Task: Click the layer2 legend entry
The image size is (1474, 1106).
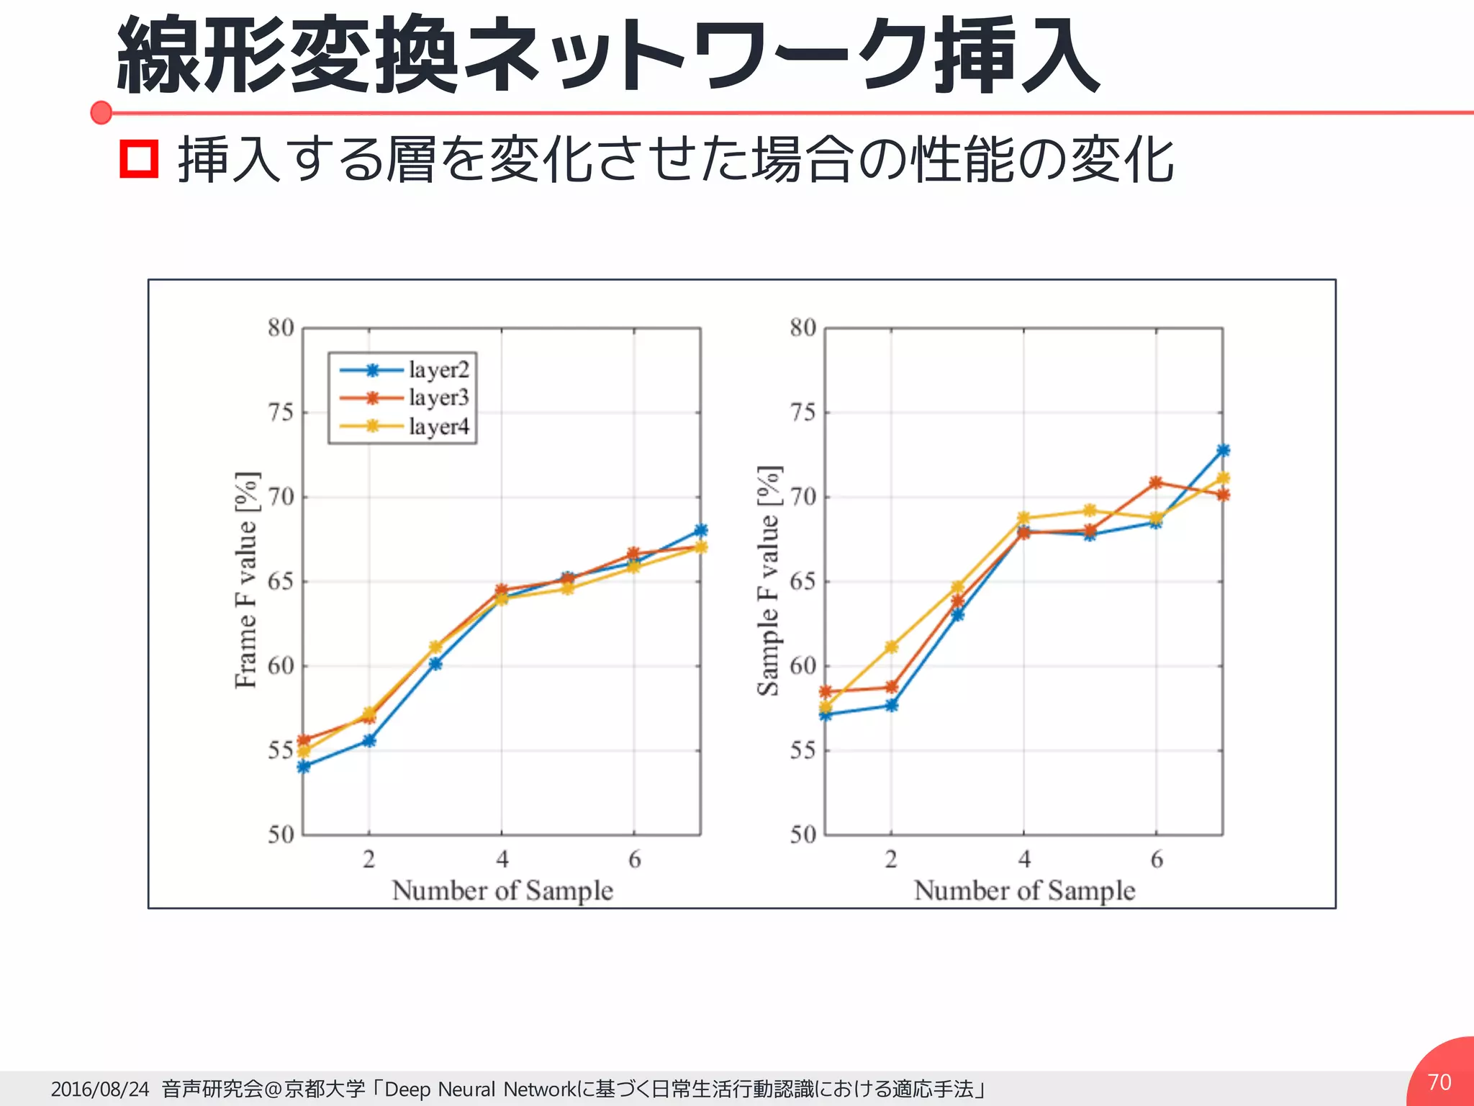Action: [x=404, y=370]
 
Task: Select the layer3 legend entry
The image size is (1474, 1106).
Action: [x=404, y=397]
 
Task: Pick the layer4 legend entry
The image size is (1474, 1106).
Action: [x=404, y=426]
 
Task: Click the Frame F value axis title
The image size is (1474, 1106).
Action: [x=246, y=580]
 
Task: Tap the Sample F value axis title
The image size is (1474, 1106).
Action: [x=769, y=580]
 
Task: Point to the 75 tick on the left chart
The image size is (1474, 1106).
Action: [x=281, y=413]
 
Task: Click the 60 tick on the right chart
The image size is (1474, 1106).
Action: [x=802, y=666]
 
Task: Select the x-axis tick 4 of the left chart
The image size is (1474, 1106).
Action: [x=502, y=859]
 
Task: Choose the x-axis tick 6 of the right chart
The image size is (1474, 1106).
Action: [x=1157, y=859]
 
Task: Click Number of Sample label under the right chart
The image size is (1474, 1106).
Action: [x=1024, y=891]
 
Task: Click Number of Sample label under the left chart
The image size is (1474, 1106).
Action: [x=502, y=891]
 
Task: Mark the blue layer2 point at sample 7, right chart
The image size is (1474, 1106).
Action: [x=1223, y=450]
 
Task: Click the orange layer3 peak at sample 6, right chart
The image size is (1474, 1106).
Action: [x=1156, y=482]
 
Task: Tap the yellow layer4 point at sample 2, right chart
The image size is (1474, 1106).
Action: [x=891, y=647]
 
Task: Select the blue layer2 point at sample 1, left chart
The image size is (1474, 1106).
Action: [x=304, y=767]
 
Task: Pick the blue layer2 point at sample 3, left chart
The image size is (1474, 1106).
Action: [x=435, y=663]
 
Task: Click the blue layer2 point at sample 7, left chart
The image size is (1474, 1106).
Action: [x=700, y=531]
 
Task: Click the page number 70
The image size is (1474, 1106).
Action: [x=1439, y=1082]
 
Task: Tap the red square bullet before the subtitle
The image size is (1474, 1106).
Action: [x=138, y=160]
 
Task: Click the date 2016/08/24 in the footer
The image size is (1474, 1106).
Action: [x=99, y=1089]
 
